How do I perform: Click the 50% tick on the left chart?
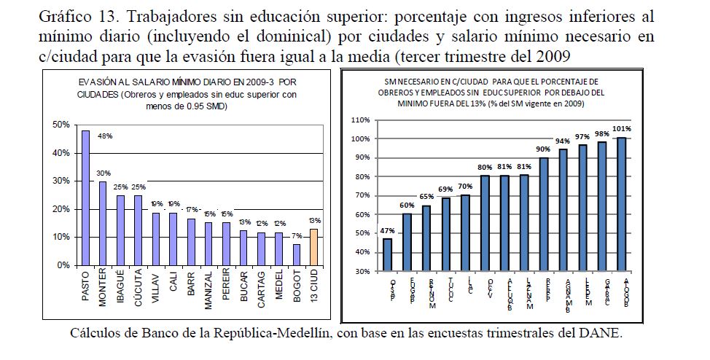62,125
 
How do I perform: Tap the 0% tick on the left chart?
65,265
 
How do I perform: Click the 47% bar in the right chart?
388,254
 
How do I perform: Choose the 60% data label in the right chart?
407,205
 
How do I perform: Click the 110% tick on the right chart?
361,120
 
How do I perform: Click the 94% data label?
563,140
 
